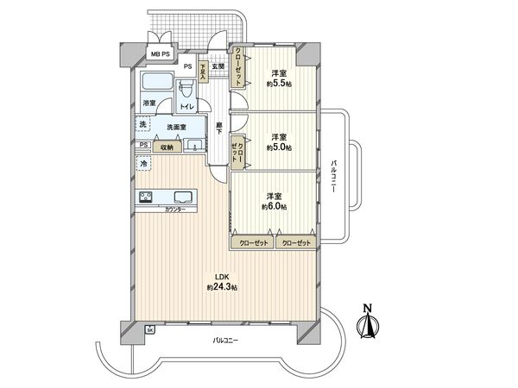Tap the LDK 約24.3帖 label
(222, 283)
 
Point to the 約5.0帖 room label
(278, 142)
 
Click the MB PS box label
(161, 55)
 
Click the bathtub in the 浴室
(156, 85)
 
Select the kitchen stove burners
(145, 197)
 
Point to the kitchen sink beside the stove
(182, 197)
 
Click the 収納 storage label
(167, 147)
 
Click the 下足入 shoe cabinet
(202, 72)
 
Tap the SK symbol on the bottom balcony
(149, 329)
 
